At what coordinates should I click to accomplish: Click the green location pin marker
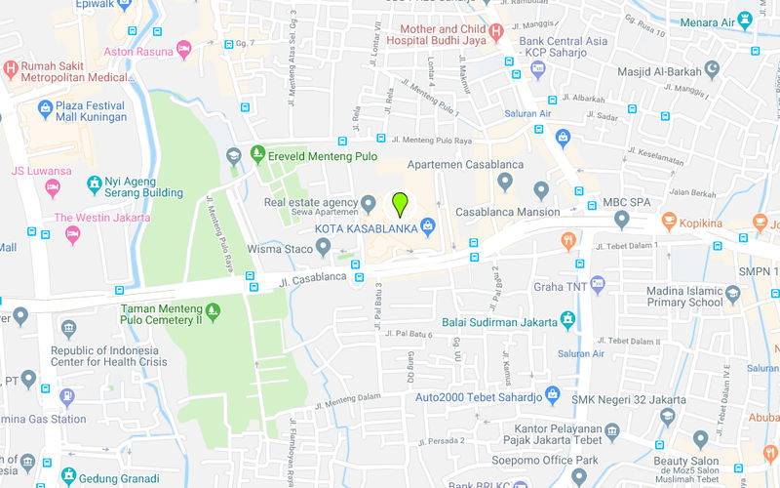click(399, 203)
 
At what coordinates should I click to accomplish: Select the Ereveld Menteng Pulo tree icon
click(258, 152)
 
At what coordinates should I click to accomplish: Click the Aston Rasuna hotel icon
click(184, 49)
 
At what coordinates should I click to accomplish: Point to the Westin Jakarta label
click(102, 218)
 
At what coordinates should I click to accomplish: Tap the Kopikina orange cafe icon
click(669, 222)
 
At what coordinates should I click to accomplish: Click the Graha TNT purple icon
click(598, 285)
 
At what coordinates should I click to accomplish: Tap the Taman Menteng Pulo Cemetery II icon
click(213, 311)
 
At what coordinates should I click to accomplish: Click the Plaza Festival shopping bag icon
click(45, 108)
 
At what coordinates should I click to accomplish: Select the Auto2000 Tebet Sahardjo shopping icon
click(553, 395)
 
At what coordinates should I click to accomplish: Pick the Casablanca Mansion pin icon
click(542, 188)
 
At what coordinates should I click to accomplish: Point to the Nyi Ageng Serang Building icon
click(94, 183)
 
